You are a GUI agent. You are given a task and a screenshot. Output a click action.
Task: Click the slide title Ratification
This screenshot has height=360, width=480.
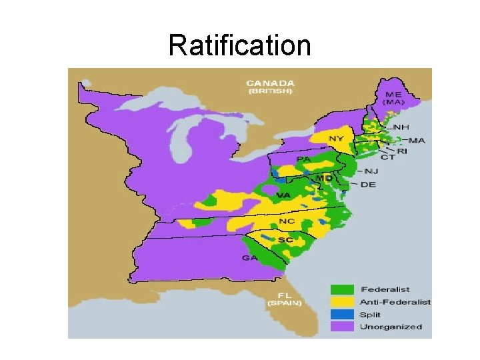click(x=239, y=46)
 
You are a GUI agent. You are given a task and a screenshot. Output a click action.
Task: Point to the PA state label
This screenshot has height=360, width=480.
click(x=303, y=159)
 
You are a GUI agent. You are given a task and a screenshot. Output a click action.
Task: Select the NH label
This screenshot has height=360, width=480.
click(x=402, y=127)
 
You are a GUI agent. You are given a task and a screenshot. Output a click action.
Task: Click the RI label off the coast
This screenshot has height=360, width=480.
click(x=402, y=151)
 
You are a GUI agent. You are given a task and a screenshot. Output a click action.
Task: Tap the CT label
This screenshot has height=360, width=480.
click(x=388, y=158)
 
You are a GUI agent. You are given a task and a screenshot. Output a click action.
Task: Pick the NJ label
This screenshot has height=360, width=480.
click(x=371, y=171)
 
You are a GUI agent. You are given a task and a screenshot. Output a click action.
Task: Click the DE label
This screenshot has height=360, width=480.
click(x=368, y=184)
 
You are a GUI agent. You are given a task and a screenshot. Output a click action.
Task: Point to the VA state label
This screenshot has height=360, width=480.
click(x=283, y=195)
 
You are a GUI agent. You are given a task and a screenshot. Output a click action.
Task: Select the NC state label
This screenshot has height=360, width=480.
click(x=287, y=221)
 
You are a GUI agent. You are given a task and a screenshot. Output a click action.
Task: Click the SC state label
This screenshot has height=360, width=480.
click(x=285, y=239)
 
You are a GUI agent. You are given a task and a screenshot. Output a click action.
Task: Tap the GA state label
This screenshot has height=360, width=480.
click(x=251, y=257)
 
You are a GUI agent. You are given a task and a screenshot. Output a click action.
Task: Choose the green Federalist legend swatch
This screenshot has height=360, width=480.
click(x=342, y=289)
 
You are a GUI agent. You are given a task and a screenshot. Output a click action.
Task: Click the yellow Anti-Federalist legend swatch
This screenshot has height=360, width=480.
click(x=342, y=302)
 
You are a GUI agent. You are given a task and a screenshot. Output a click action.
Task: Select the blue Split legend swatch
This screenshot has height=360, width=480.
click(x=342, y=314)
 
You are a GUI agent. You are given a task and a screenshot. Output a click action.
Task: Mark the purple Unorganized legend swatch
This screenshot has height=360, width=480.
click(x=342, y=327)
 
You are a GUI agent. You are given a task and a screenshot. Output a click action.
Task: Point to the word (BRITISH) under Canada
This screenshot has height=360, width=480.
click(x=270, y=91)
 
